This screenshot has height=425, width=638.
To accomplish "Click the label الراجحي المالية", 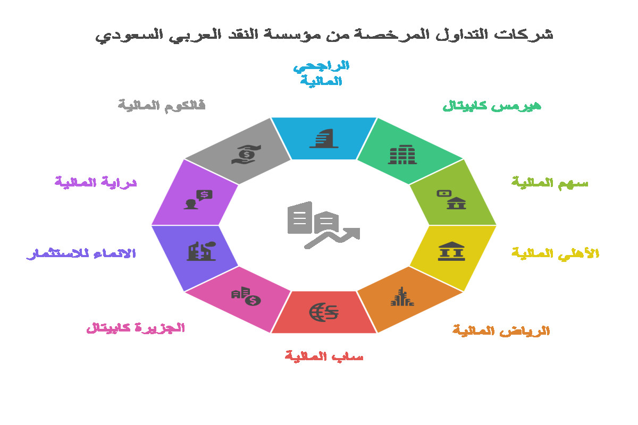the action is [x=322, y=73].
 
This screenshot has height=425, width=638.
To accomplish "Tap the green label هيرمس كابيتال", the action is [x=492, y=106].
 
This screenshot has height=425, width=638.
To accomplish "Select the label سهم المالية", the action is [x=550, y=183].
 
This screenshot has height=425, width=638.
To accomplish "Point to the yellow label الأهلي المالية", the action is [x=556, y=253].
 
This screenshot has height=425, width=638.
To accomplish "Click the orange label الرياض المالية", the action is [x=501, y=331].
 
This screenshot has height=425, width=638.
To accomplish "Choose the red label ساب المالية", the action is [x=324, y=356].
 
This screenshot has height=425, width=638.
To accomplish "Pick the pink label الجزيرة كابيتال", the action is [x=136, y=328].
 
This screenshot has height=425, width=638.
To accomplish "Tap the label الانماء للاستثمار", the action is [x=81, y=253].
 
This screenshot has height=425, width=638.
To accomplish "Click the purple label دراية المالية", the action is [x=96, y=182].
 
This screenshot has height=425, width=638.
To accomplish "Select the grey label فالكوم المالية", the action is [x=162, y=106].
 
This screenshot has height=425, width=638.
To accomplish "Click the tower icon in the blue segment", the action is [x=324, y=138].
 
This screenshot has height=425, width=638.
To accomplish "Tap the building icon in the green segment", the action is [x=402, y=155].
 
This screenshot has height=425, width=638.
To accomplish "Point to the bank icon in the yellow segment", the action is [x=451, y=251].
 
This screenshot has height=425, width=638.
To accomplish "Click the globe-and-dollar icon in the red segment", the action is [x=324, y=312].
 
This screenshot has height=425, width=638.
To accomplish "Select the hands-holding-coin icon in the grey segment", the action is [x=246, y=155].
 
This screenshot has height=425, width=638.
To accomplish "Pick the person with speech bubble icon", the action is [x=198, y=200].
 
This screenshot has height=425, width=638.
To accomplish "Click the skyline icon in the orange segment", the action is [x=402, y=296].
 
